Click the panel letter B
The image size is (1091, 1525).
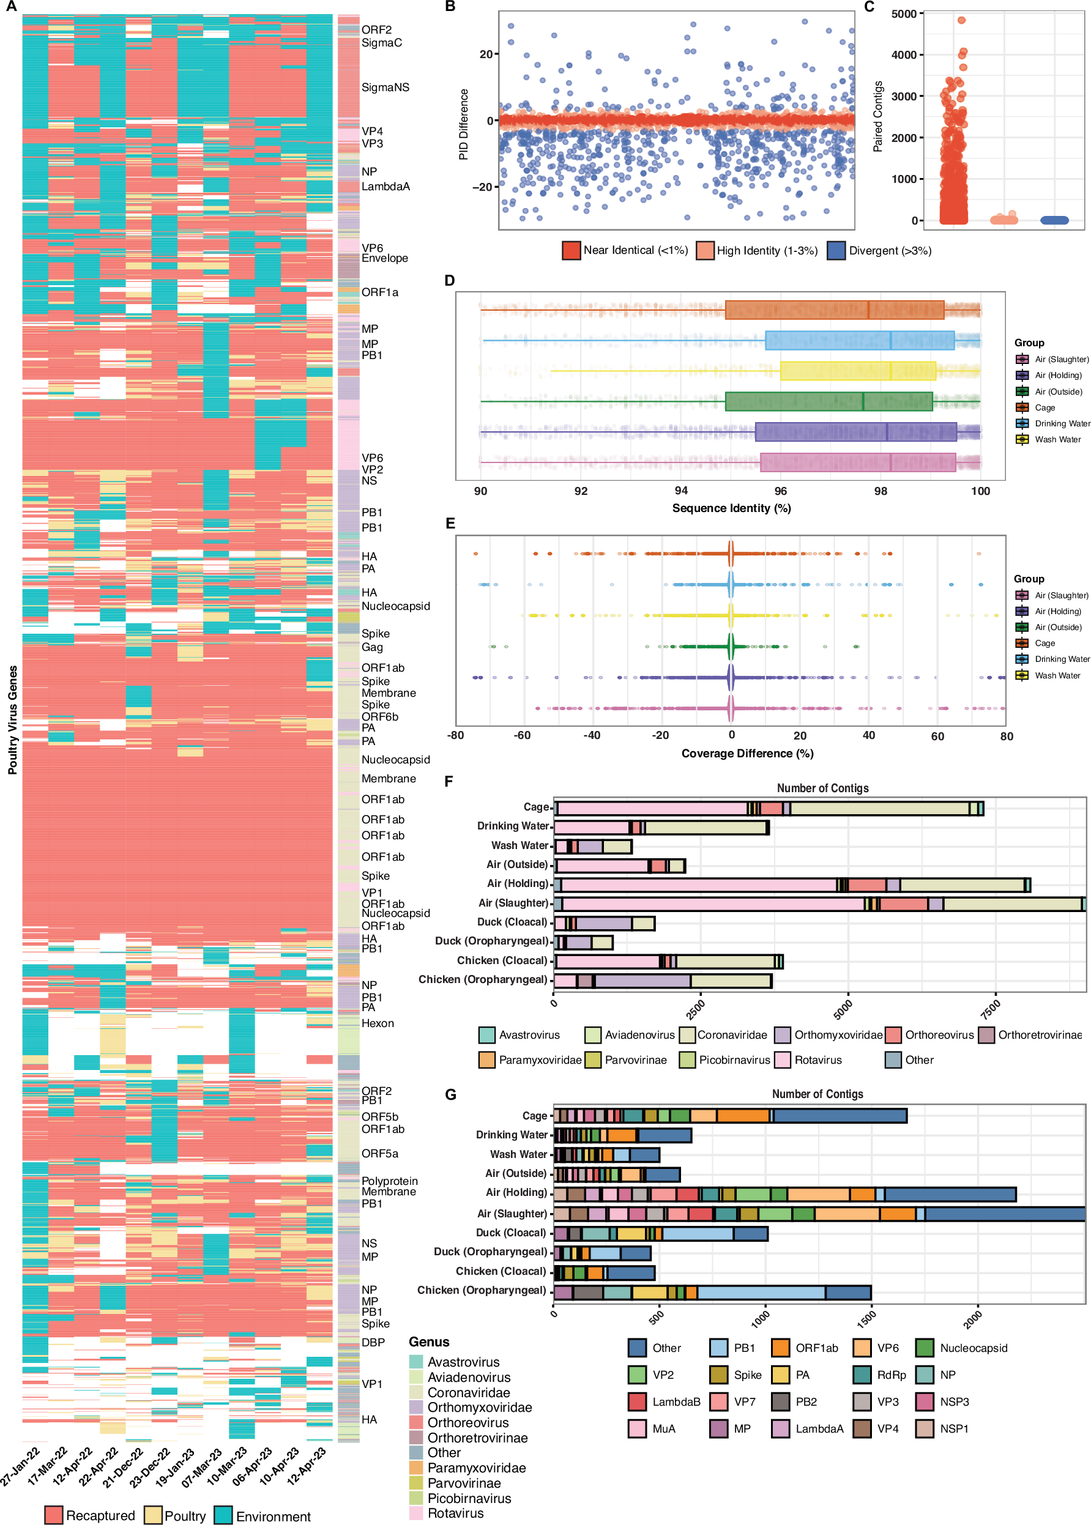pyautogui.click(x=450, y=7)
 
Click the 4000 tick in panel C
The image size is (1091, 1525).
pyautogui.click(x=904, y=55)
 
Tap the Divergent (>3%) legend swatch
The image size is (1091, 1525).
pyautogui.click(x=836, y=250)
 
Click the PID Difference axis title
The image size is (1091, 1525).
pyautogui.click(x=464, y=124)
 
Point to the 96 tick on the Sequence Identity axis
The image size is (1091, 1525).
pyautogui.click(x=780, y=491)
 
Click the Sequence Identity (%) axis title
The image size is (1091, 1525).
pyautogui.click(x=731, y=508)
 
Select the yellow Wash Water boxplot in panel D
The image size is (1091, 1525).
pyautogui.click(x=857, y=371)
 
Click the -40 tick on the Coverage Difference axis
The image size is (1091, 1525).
pyautogui.click(x=591, y=735)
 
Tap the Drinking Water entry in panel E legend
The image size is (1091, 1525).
pyautogui.click(x=1062, y=659)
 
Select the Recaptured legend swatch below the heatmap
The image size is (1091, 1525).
pyautogui.click(x=54, y=1515)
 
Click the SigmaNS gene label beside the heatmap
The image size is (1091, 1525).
pyautogui.click(x=385, y=87)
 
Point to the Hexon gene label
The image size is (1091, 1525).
pyautogui.click(x=378, y=1023)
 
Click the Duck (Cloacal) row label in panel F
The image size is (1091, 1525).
pyautogui.click(x=512, y=922)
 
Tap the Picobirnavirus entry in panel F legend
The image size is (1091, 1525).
pyautogui.click(x=734, y=1059)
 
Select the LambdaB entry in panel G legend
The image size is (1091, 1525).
pyautogui.click(x=676, y=1401)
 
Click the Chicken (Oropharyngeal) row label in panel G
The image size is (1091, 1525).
pyautogui.click(x=481, y=1290)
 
